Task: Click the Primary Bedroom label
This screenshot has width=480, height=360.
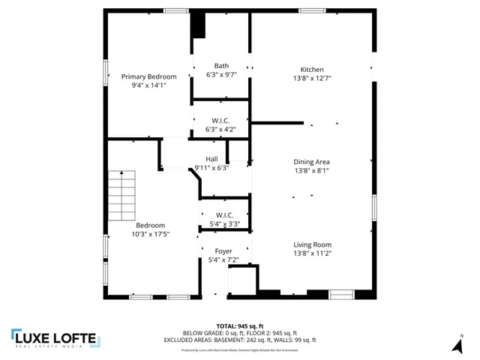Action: [x=148, y=76]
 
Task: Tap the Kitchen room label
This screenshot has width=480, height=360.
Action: [x=312, y=69]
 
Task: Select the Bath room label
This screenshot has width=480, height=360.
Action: [x=221, y=65]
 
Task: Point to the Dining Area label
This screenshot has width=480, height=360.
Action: [x=312, y=161]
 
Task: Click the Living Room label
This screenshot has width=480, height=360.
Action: [x=312, y=244]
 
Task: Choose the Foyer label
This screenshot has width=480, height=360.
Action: [x=223, y=250]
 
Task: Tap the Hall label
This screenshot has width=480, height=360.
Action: [x=211, y=158]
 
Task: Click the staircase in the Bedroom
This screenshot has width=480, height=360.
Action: [x=122, y=195]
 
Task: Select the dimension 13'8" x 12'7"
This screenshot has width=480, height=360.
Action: [x=312, y=78]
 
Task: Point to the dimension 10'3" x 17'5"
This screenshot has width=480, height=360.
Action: [x=150, y=234]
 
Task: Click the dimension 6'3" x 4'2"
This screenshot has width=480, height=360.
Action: [x=221, y=129]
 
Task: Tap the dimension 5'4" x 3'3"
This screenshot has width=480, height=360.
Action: [x=223, y=223]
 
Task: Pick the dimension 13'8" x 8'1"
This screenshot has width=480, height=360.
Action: [x=312, y=170]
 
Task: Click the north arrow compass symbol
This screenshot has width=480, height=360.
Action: [x=457, y=344]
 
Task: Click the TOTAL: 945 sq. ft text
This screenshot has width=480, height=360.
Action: [x=239, y=325]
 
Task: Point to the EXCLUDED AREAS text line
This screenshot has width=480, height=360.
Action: [x=239, y=340]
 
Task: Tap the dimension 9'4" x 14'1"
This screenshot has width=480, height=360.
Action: [x=148, y=85]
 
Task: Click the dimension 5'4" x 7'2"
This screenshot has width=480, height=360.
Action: [x=223, y=259]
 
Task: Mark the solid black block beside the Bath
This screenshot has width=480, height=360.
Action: [x=198, y=25]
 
